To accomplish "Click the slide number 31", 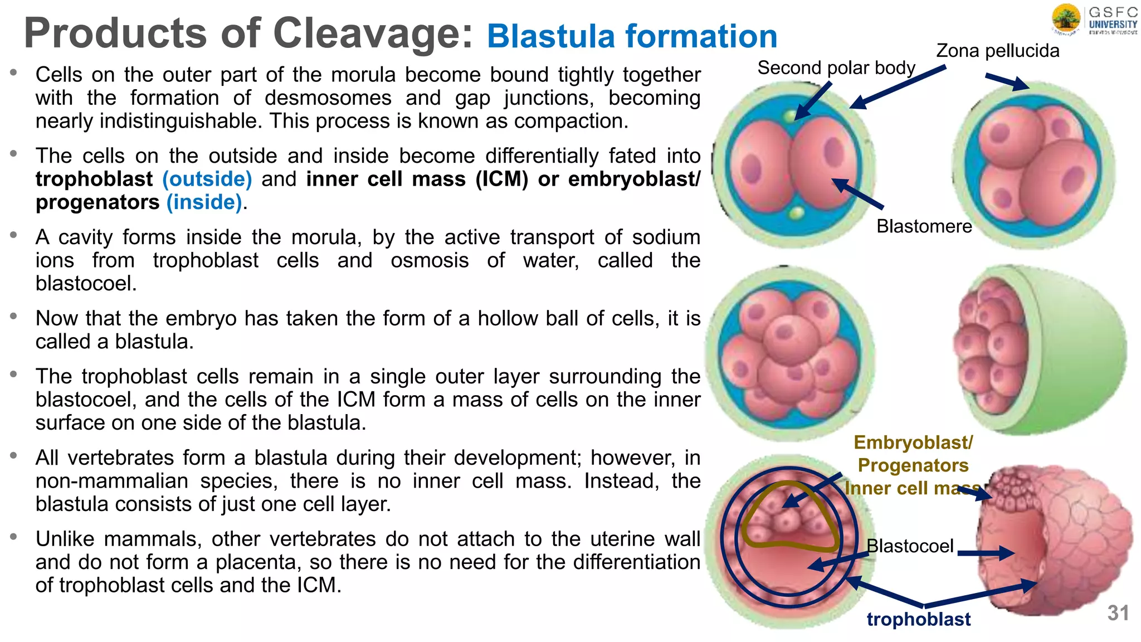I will (1118, 613).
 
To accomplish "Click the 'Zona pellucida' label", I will (997, 51).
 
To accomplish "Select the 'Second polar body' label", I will (836, 68).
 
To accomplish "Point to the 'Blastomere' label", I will (924, 226).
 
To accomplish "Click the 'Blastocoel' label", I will (910, 546).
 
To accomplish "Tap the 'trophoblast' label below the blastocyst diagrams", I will (918, 619).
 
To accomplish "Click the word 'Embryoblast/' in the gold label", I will (913, 442).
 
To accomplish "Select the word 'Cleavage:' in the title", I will (373, 33).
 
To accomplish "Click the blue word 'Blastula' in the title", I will (551, 37).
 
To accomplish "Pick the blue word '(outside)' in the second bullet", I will (207, 179).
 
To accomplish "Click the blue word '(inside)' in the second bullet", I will (204, 202).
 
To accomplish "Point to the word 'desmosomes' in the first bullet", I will (328, 98).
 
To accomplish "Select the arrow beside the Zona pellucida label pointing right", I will (1007, 82).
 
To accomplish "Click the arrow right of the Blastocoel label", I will (986, 553).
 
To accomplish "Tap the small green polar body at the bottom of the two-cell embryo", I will (797, 213).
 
